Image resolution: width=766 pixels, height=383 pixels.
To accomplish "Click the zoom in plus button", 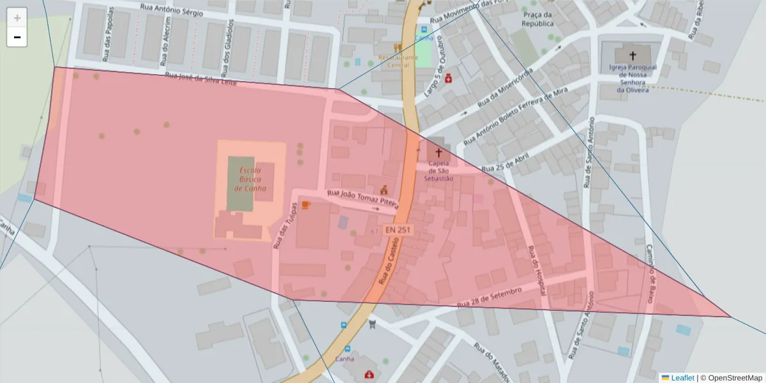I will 17,18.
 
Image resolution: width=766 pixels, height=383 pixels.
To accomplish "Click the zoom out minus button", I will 17,37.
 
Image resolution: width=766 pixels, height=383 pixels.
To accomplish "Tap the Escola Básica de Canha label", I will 250,179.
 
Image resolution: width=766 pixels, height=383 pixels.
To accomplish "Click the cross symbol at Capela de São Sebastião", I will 438,153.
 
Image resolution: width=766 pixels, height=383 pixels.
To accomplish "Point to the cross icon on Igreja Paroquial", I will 633,56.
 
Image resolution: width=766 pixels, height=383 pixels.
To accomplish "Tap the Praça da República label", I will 537,19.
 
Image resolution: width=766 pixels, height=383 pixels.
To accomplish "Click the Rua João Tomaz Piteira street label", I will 363,200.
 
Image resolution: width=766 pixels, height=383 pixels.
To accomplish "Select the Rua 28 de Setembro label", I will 490,296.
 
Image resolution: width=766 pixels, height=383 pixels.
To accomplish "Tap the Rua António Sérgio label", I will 172,10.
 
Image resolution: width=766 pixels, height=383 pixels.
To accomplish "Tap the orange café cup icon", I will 306,205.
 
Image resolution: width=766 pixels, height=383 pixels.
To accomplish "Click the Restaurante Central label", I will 398,61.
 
